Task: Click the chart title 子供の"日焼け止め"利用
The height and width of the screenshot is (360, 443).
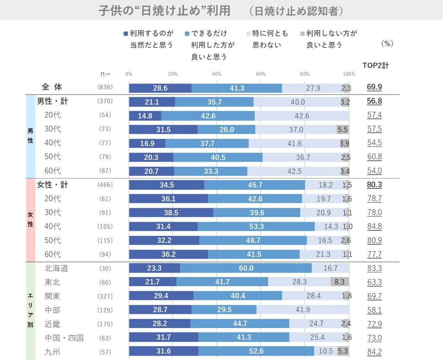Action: pyautogui.click(x=164, y=11)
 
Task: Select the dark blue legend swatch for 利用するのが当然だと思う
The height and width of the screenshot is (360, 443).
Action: pyautogui.click(x=126, y=34)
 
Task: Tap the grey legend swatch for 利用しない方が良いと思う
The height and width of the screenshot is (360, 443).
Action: pyautogui.click(x=302, y=34)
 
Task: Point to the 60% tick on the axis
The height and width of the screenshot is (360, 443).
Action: pyautogui.click(x=260, y=74)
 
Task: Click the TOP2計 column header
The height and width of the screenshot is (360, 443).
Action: pyautogui.click(x=376, y=66)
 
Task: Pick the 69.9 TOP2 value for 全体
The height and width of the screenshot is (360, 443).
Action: pyautogui.click(x=374, y=88)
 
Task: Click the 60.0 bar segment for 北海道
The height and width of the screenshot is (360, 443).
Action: pyautogui.click(x=246, y=268)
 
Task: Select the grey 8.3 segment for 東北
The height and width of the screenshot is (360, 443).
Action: pyautogui.click(x=340, y=282)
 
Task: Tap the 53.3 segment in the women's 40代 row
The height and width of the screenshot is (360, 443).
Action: pyautogui.click(x=256, y=226)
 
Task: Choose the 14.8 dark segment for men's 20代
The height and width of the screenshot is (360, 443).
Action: pyautogui.click(x=145, y=116)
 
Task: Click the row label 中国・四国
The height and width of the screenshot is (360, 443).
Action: pyautogui.click(x=64, y=338)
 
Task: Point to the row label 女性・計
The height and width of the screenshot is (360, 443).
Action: pyautogui.click(x=52, y=185)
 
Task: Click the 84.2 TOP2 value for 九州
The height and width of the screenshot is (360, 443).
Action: pyautogui.click(x=374, y=351)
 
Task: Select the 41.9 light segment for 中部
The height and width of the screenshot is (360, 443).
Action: pyautogui.click(x=303, y=309)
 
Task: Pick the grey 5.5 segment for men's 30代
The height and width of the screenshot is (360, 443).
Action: pyautogui.click(x=342, y=130)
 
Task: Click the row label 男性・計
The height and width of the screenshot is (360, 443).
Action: pyautogui.click(x=52, y=102)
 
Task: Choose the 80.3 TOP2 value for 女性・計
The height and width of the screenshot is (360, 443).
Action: pyautogui.click(x=374, y=185)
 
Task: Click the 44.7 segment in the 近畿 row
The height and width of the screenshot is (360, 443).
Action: pyautogui.click(x=240, y=324)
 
